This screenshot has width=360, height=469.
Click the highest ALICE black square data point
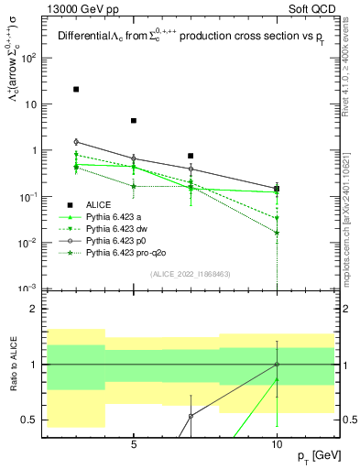(76, 90)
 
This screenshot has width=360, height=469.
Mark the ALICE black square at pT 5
(134, 121)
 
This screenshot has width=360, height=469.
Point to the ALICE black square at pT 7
(191, 156)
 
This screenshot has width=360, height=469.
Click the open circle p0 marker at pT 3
(76, 142)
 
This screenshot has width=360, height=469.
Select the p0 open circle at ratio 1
(277, 364)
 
